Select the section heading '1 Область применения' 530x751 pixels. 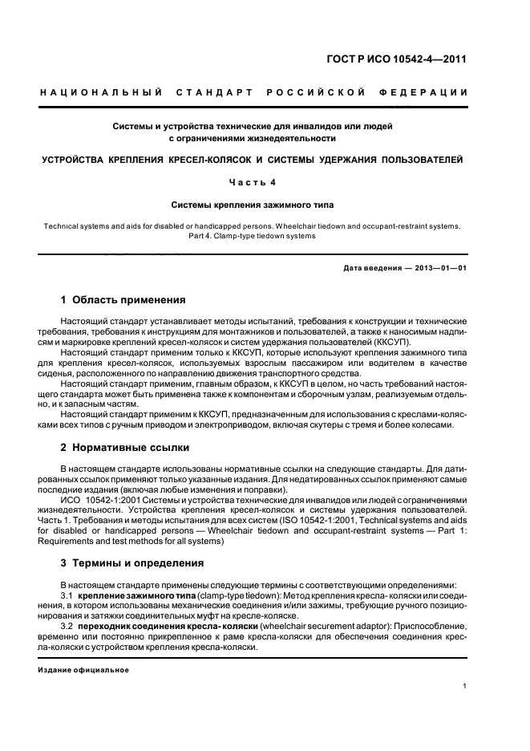(123, 300)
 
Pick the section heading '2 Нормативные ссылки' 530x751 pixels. (125, 446)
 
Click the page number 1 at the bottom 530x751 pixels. (465, 687)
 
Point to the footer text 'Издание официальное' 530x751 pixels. (84, 670)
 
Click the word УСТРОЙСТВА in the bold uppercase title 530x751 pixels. (83, 160)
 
